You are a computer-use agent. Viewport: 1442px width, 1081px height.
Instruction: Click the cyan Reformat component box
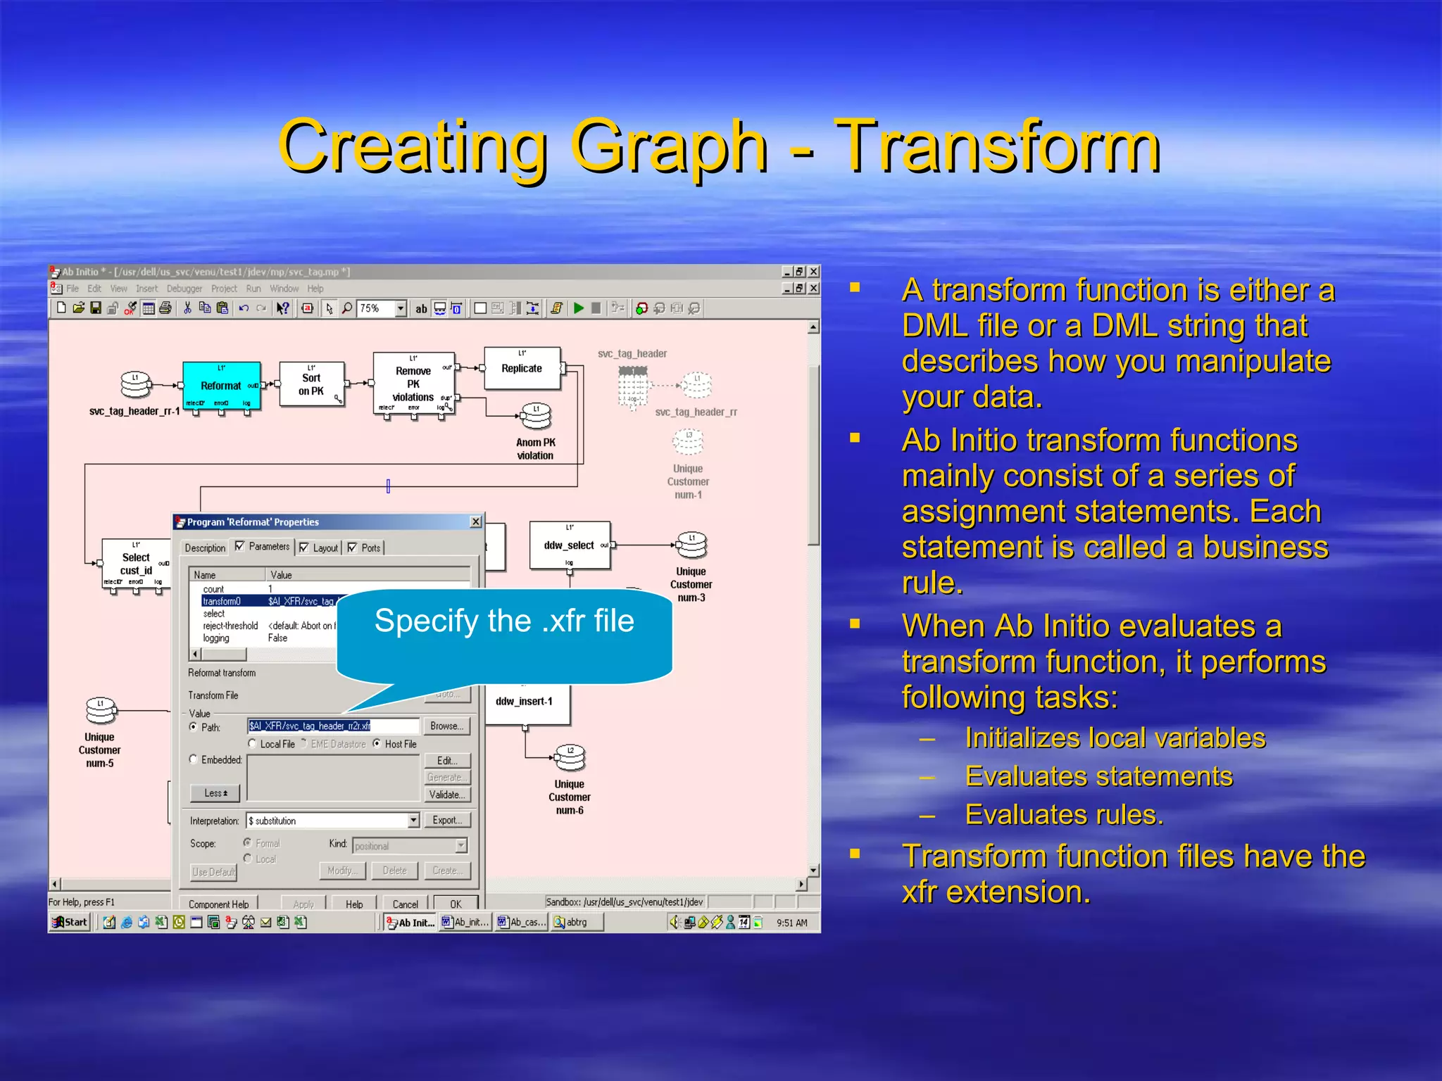click(x=221, y=385)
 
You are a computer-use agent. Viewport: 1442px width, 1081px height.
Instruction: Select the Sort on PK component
click(x=311, y=384)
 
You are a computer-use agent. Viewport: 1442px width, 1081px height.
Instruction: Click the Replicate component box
click(x=522, y=368)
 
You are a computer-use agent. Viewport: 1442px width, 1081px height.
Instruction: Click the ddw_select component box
click(x=569, y=545)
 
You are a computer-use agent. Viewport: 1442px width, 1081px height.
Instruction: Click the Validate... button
click(x=446, y=795)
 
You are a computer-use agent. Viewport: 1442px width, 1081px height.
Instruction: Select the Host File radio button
click(x=377, y=744)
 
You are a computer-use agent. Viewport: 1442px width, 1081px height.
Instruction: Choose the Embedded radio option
click(x=194, y=760)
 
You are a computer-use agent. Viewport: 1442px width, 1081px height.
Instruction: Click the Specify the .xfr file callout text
click(x=504, y=621)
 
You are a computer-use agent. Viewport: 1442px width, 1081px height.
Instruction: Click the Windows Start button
click(x=70, y=922)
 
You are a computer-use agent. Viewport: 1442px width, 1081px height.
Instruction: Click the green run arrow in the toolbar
click(x=579, y=308)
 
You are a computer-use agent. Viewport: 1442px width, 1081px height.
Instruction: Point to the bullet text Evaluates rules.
click(x=1063, y=814)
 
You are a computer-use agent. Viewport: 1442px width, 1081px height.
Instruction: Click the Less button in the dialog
click(x=215, y=793)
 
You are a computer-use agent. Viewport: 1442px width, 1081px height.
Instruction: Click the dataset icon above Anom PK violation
click(x=536, y=416)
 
